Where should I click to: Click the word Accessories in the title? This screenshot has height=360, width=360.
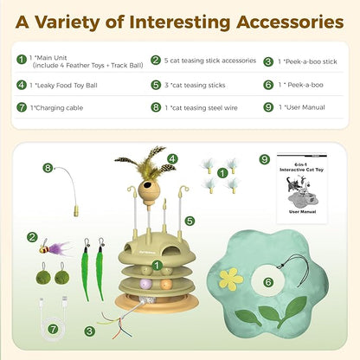[290, 22]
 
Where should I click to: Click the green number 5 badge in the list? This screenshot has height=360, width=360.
[156, 85]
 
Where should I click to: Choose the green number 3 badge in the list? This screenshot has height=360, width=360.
[268, 61]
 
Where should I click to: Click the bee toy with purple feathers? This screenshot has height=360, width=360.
[55, 247]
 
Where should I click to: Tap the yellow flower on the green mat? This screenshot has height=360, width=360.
[231, 279]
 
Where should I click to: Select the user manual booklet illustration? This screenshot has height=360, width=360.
[302, 188]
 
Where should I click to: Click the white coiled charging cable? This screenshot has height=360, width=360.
[53, 320]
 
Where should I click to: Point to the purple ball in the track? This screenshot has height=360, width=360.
[145, 285]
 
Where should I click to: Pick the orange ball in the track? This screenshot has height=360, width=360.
[165, 285]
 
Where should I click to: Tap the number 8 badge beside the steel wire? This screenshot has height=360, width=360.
[48, 168]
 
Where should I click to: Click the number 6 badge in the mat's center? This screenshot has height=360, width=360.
[268, 282]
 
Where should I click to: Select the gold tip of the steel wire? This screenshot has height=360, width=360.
[76, 211]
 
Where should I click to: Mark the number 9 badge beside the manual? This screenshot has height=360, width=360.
[265, 159]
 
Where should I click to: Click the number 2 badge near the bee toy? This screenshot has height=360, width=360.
[32, 237]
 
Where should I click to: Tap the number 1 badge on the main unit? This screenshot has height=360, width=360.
[157, 265]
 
